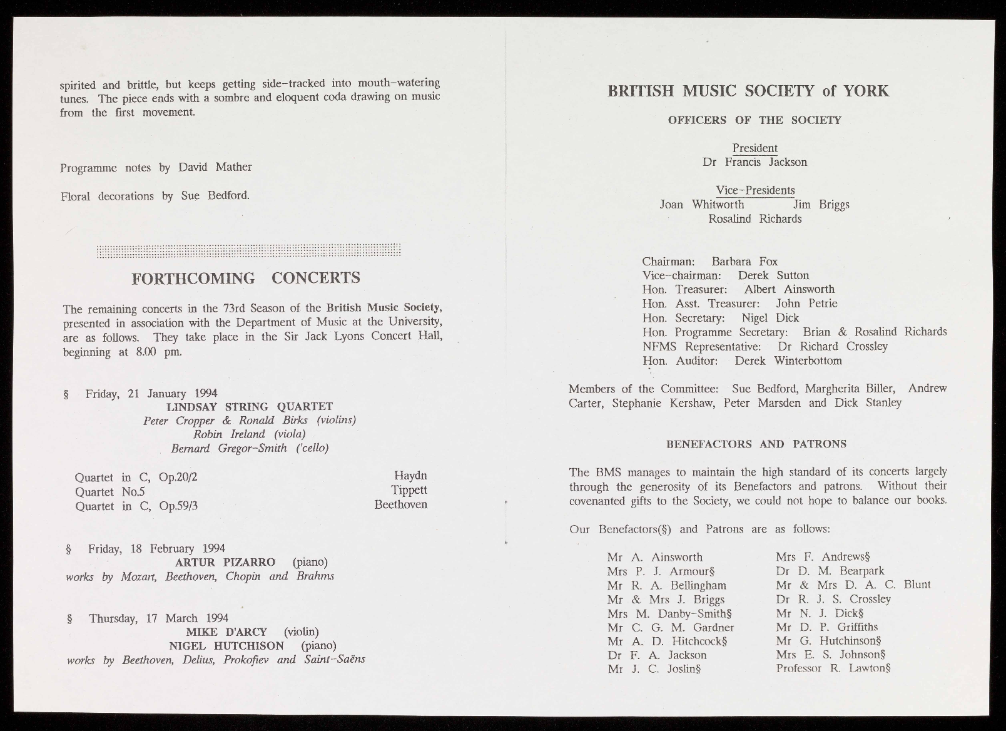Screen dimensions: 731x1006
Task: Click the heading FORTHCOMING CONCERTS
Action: [x=246, y=278]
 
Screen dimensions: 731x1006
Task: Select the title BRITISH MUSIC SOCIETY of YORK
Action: [x=748, y=91]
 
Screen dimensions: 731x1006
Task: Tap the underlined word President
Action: [x=754, y=148]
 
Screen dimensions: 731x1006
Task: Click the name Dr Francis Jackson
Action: [x=754, y=162]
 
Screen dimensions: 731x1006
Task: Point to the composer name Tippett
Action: [x=409, y=490]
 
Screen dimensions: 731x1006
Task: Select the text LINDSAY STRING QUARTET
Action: [x=249, y=407]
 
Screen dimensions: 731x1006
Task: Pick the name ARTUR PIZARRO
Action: [x=225, y=562]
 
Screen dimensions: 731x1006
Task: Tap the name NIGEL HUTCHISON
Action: [x=226, y=645]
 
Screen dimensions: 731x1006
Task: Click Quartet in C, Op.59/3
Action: [x=136, y=506]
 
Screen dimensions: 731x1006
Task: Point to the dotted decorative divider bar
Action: [x=248, y=250]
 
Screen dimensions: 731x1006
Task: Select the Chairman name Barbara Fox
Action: [x=744, y=261]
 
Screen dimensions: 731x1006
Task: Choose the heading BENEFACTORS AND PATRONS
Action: [x=756, y=444]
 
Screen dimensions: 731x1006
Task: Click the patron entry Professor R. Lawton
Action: [x=832, y=668]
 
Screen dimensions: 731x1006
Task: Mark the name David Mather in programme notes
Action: [x=215, y=167]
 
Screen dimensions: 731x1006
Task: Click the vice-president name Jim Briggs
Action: [x=821, y=205]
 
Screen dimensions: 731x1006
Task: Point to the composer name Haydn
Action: [x=410, y=476]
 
